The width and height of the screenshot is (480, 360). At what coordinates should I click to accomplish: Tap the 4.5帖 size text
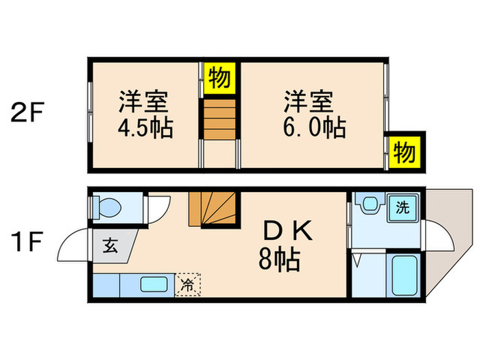click(144, 128)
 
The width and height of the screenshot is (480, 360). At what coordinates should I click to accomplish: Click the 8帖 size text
click(279, 259)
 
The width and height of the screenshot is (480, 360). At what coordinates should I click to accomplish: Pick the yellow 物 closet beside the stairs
click(219, 76)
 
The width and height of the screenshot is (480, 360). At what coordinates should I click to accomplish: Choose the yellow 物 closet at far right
click(405, 152)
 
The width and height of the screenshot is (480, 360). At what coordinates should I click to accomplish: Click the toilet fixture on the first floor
click(107, 206)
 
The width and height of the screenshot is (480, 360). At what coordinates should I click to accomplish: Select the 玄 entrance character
click(110, 245)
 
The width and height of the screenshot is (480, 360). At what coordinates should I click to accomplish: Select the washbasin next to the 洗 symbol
click(370, 204)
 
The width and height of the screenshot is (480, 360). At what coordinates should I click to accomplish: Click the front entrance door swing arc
click(72, 245)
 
